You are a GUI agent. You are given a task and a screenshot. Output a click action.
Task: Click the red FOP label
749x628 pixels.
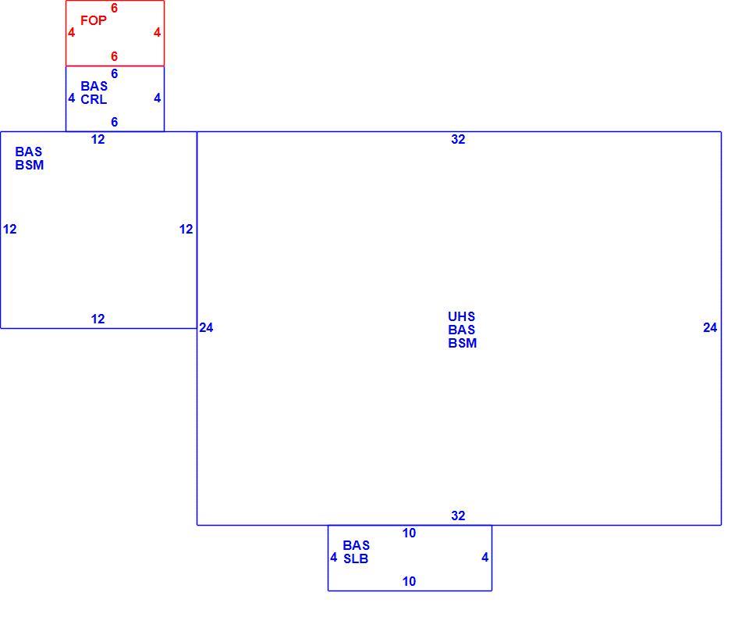[94, 20]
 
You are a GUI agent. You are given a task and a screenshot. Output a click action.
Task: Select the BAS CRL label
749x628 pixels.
[94, 93]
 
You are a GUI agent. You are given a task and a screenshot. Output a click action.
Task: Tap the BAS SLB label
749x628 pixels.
[357, 552]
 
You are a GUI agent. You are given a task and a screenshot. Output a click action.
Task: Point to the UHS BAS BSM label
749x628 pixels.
[462, 330]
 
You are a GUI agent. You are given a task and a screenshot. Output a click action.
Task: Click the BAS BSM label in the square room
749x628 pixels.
[29, 159]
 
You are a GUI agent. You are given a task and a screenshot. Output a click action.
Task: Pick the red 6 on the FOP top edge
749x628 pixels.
[114, 8]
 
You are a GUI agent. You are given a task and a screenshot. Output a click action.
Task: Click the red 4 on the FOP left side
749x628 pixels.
[72, 33]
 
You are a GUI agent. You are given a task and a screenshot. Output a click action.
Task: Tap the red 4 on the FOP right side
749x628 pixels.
[157, 33]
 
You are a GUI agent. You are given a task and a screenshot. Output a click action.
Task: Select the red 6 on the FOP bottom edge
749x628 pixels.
[114, 56]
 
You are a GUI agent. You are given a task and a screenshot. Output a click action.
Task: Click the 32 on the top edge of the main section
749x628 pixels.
[458, 139]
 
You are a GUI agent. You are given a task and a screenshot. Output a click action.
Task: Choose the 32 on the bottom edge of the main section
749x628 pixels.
[458, 516]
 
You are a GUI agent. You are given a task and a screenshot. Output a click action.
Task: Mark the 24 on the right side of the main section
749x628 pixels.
[710, 327]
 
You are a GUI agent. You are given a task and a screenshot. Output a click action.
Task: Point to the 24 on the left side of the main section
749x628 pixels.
[206, 327]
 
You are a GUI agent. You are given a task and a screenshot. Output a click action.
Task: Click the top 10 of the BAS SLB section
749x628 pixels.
[409, 533]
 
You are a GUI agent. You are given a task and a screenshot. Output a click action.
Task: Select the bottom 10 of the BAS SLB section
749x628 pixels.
[409, 581]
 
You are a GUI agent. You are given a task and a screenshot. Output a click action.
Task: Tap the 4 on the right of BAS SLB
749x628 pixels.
[485, 557]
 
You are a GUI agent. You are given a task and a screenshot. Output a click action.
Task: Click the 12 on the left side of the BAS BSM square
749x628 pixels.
[9, 229]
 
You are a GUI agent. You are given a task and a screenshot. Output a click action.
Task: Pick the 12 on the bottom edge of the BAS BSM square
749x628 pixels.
[98, 319]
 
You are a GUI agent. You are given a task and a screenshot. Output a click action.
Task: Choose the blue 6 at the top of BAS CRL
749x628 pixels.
[114, 73]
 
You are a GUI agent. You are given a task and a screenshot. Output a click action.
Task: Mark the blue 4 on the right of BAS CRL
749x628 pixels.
[157, 98]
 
